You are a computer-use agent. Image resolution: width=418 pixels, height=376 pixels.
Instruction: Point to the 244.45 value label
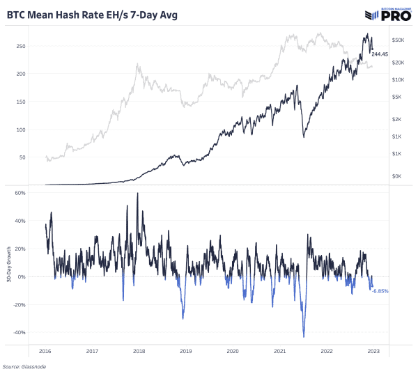380,54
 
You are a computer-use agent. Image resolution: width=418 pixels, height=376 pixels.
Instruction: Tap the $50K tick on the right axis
398,40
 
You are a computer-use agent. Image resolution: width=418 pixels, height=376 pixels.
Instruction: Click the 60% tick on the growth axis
20,193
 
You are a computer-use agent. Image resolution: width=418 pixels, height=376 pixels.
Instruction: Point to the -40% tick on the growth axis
18,332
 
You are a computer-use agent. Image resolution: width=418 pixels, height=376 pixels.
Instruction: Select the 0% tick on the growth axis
21,276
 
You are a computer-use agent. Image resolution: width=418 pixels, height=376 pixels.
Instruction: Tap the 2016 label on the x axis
45,351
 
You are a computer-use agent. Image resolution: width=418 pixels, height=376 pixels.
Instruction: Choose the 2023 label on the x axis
373,351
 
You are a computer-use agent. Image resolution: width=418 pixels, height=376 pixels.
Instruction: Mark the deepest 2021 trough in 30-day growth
304,336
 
